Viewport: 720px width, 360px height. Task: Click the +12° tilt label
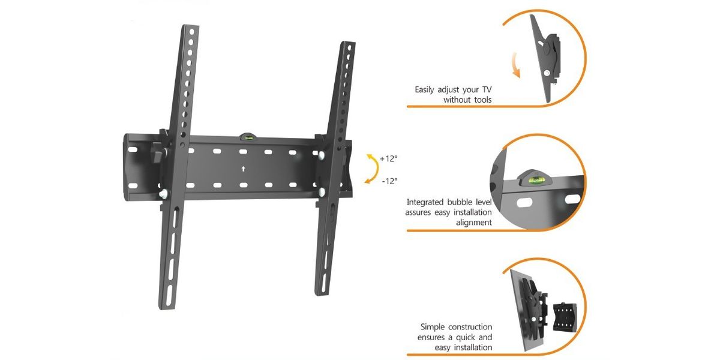click(389, 158)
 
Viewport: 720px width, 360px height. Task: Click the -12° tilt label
click(389, 181)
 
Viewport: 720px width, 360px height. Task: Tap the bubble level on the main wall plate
click(248, 137)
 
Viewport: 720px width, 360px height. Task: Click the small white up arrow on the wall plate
click(244, 169)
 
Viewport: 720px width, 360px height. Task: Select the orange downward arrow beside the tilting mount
click(515, 65)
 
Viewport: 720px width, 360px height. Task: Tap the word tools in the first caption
click(481, 100)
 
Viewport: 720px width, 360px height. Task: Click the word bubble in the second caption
click(460, 202)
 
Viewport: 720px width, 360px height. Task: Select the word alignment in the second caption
click(474, 223)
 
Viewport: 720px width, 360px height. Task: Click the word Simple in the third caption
click(433, 327)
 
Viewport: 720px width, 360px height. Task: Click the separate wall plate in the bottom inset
click(565, 317)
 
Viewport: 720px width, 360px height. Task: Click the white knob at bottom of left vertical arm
click(164, 193)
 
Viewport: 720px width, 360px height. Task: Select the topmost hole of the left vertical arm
click(192, 32)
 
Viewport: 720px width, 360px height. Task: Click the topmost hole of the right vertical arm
click(349, 48)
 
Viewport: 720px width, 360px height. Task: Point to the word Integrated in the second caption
click(425, 203)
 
